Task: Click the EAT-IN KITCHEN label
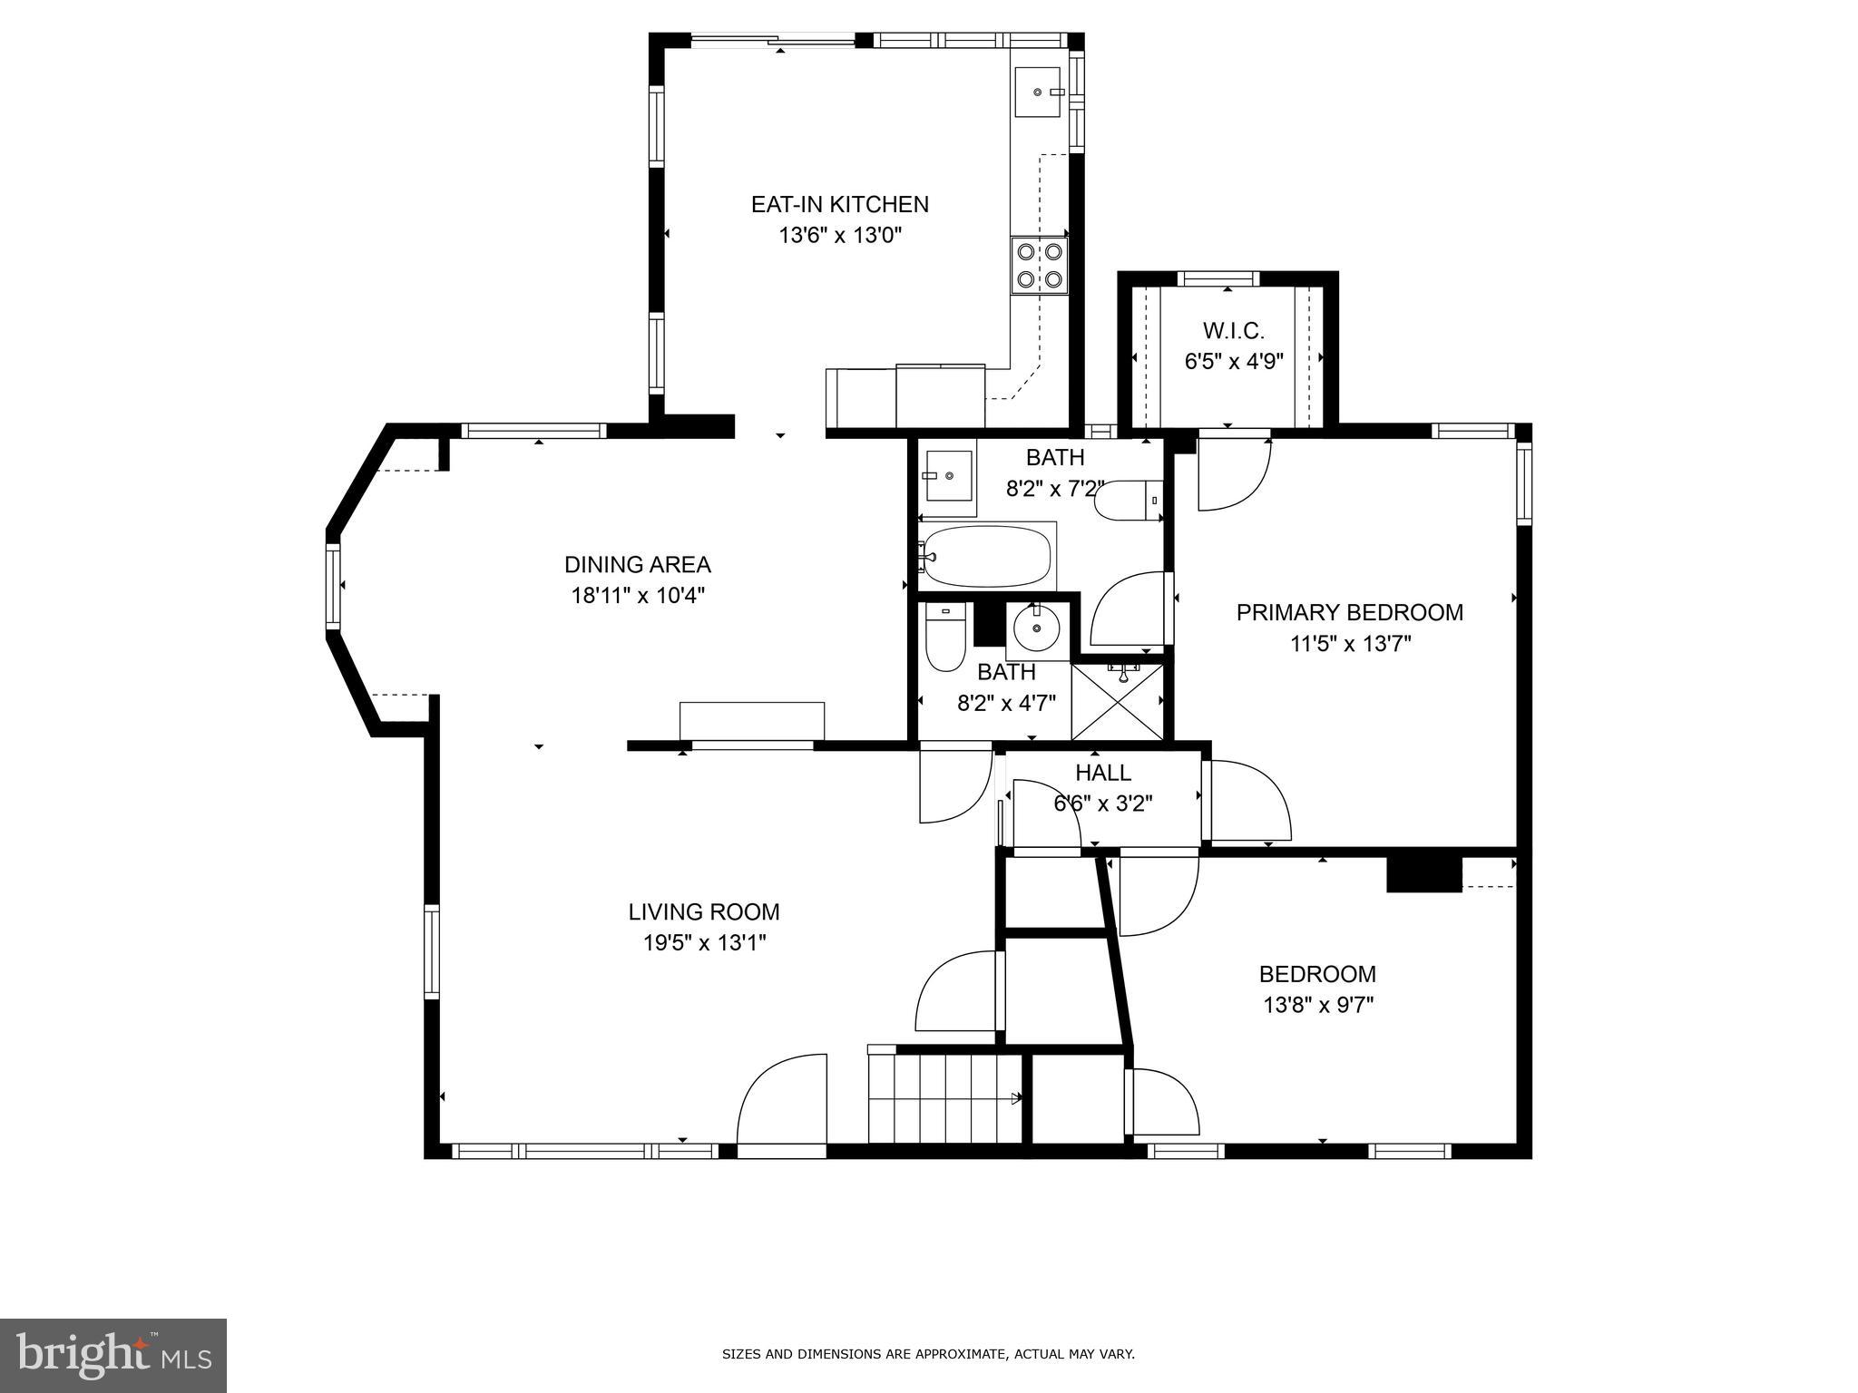(x=839, y=204)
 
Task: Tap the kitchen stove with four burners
(x=1040, y=265)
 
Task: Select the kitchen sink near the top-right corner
(x=1038, y=93)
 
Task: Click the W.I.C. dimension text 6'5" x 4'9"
(x=1233, y=362)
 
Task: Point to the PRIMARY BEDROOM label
(x=1349, y=612)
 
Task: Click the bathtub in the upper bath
(x=988, y=556)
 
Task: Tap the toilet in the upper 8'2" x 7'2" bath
(x=1125, y=500)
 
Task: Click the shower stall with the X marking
(x=1117, y=701)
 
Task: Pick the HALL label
(x=1102, y=773)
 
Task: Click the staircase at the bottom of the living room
(x=945, y=1098)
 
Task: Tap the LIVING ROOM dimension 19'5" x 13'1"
(x=704, y=943)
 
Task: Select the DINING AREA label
(x=637, y=565)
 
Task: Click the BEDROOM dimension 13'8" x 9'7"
(x=1317, y=1005)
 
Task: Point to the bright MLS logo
(x=113, y=1355)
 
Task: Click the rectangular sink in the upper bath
(x=947, y=475)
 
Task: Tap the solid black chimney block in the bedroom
(x=1423, y=875)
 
